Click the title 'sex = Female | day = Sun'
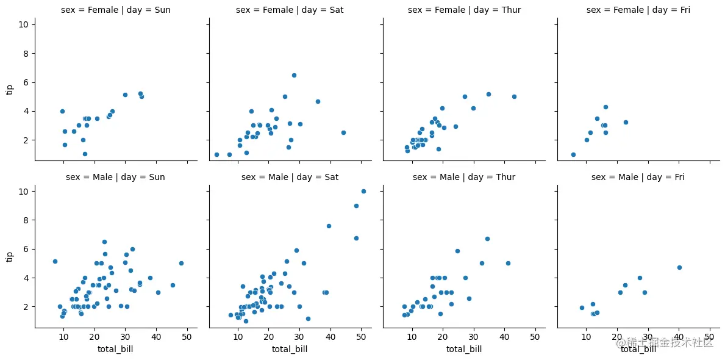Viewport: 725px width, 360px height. coord(115,10)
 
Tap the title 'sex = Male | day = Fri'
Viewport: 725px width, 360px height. coord(638,177)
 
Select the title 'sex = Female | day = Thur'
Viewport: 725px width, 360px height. coord(464,10)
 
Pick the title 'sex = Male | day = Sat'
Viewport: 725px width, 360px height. coord(290,177)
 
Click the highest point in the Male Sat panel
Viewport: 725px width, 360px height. coord(363,191)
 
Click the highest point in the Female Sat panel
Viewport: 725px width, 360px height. coord(294,75)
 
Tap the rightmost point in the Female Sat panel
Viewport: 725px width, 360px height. coord(343,132)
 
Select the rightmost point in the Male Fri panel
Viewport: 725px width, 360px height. coord(679,267)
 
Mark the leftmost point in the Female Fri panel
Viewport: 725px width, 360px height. coord(573,154)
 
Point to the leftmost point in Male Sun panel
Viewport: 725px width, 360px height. coord(55,261)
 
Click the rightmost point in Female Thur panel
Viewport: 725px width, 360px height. coord(514,96)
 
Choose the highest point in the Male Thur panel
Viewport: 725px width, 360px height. coord(487,239)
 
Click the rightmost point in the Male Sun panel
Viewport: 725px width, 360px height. coord(181,263)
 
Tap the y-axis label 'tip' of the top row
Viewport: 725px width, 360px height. coord(9,90)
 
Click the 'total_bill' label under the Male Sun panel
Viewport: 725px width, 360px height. coord(115,349)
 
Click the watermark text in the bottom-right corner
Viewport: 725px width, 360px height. coord(665,344)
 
